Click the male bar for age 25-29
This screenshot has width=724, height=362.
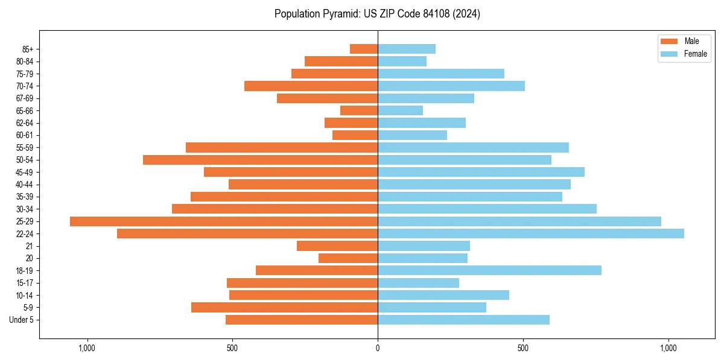[x=224, y=221]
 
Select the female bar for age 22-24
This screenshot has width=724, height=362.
[x=531, y=233]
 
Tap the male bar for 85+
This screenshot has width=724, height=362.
[x=364, y=49]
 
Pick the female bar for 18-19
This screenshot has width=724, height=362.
[x=489, y=270]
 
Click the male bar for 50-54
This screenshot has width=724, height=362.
[x=260, y=160]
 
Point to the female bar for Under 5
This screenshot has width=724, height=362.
[x=463, y=320]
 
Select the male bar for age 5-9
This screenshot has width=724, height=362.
[x=284, y=307]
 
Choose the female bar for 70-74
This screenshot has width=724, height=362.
[x=451, y=86]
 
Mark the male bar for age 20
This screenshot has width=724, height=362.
[x=348, y=258]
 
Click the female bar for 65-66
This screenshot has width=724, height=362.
[x=400, y=110]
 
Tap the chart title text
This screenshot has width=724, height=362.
[x=377, y=14]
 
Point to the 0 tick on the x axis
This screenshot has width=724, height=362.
[x=378, y=348]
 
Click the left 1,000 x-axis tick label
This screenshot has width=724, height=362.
[x=87, y=348]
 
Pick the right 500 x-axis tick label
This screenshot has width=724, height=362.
[x=523, y=348]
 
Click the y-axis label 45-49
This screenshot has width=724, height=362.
[x=25, y=172]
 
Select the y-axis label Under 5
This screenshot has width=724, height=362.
[x=22, y=320]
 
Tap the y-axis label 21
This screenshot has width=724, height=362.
[x=30, y=246]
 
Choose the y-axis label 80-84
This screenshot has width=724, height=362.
[x=25, y=62]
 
